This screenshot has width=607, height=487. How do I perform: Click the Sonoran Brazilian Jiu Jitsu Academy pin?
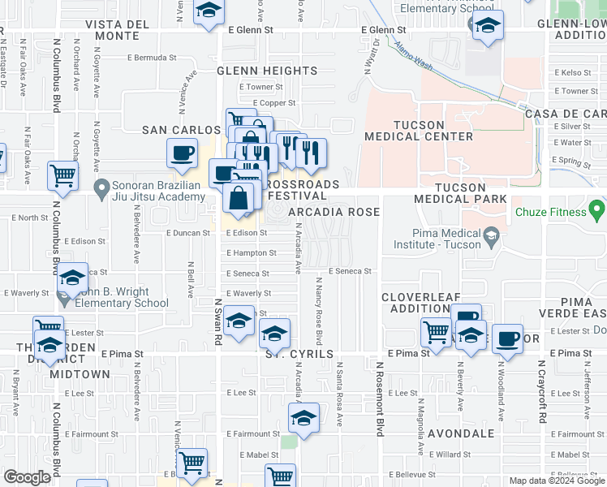(x=101, y=191)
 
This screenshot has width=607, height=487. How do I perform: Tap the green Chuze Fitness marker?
(x=597, y=213)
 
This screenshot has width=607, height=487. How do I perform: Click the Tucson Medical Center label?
(x=419, y=131)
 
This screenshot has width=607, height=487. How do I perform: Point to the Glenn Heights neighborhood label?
(x=266, y=71)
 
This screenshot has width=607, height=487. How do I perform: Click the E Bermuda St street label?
(x=152, y=58)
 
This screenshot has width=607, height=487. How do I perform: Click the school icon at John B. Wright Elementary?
(x=72, y=278)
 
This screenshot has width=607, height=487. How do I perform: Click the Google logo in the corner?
(x=28, y=477)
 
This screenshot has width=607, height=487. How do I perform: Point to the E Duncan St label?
(x=187, y=232)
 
